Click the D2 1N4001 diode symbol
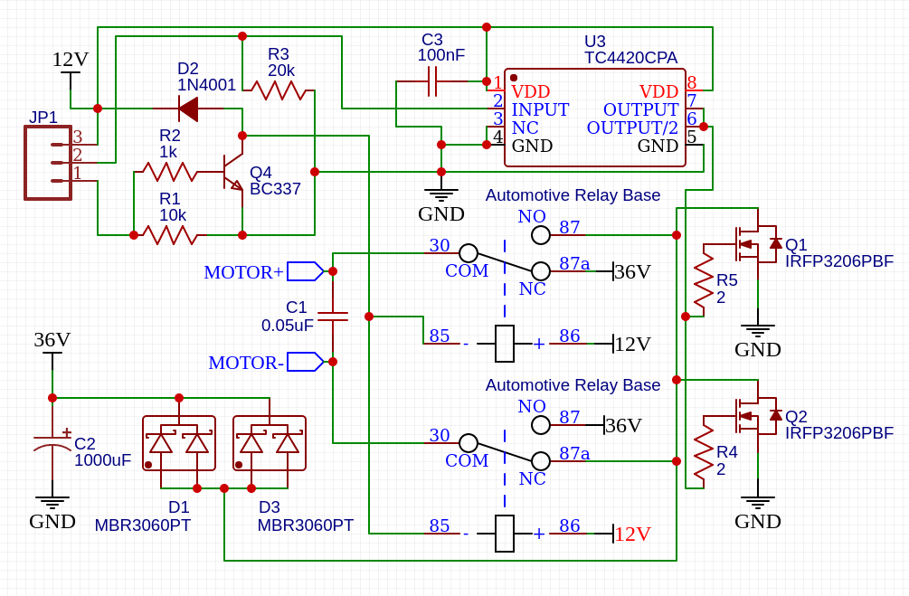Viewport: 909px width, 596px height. [188, 109]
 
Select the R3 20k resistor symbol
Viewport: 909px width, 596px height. [279, 90]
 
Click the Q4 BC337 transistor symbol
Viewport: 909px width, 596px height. [232, 171]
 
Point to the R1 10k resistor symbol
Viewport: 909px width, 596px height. [170, 235]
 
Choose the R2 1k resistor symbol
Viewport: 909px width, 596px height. [170, 171]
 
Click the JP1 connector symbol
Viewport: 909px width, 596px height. [49, 163]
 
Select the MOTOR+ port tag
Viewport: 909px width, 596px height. [305, 271]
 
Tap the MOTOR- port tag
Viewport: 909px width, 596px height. [305, 362]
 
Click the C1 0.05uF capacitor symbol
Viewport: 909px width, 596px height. [333, 317]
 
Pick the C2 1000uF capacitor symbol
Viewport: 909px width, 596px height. [52, 444]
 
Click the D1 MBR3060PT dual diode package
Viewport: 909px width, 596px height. [179, 443]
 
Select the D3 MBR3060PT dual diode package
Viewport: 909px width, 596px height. [270, 443]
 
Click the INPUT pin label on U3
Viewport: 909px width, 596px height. [540, 109]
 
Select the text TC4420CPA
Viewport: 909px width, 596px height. [630, 58]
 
